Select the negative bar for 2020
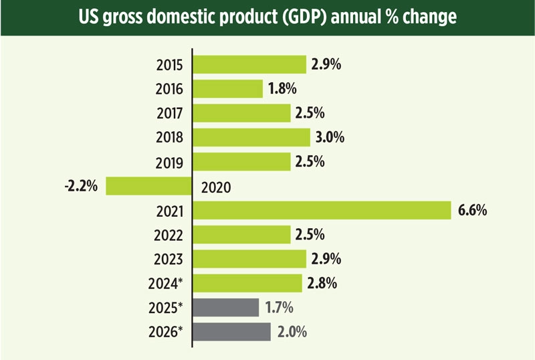coord(149,186)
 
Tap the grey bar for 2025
coord(226,307)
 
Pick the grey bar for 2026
coord(232,332)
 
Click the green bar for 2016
coord(228,89)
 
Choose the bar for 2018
coord(252,137)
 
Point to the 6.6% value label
coord(471,210)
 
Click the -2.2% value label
coord(82,186)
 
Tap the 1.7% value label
coord(279,307)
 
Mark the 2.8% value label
coord(322,283)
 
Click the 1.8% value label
coord(282,89)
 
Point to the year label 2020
coord(215,187)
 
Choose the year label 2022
coord(170,235)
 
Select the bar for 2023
coord(249,259)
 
